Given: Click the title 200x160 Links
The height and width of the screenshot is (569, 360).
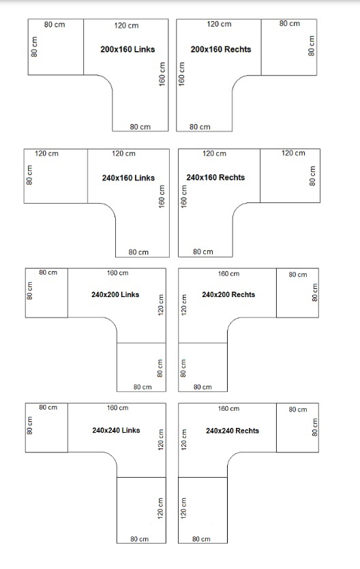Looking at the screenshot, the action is point(127,49).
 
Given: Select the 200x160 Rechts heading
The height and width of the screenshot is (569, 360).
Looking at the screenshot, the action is point(221,49).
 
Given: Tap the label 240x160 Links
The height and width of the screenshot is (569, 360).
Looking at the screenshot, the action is point(128,178).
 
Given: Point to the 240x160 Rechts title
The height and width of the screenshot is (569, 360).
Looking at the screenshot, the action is point(215,177).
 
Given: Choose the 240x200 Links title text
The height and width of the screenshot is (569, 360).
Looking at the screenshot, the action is point(115,294).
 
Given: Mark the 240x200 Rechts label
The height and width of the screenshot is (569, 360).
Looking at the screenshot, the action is point(228,294).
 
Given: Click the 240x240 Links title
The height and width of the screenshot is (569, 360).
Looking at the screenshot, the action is point(116,430).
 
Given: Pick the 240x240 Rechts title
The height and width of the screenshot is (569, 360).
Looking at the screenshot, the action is point(232,431).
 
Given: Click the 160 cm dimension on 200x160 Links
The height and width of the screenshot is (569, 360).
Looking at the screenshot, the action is point(162,74).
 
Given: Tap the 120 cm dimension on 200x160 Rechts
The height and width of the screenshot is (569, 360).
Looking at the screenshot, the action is point(219,24).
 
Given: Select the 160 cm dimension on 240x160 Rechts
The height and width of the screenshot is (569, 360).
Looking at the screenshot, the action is point(184,196).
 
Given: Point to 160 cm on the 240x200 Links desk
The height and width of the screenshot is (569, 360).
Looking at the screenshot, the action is point(117,273).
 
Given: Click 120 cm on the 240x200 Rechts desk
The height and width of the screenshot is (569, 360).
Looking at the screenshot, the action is point(184,304).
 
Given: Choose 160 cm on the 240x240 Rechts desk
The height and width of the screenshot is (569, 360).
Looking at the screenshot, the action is point(228,409).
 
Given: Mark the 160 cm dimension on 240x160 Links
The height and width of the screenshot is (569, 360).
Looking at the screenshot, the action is point(162,196).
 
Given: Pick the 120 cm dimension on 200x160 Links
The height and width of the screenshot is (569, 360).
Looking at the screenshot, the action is point(126,25).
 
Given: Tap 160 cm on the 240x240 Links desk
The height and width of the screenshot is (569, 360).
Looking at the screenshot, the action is point(117,408).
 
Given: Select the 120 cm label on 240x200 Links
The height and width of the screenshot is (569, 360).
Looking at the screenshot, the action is point(161,305).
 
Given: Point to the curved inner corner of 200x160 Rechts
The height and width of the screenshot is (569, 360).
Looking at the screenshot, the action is point(237,80).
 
